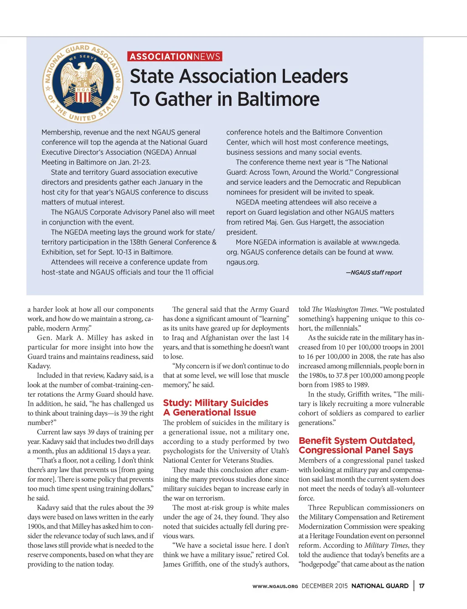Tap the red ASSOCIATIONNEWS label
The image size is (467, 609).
pyautogui.click(x=175, y=57)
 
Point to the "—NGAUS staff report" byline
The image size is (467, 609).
pyautogui.click(x=374, y=273)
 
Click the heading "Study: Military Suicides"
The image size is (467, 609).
pyautogui.click(x=216, y=403)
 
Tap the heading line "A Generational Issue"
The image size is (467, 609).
pyautogui.click(x=209, y=412)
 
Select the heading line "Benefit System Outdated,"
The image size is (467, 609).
pyautogui.click(x=357, y=441)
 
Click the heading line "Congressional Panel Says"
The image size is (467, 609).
pyautogui.click(x=356, y=450)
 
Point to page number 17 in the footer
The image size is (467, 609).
pyautogui.click(x=422, y=586)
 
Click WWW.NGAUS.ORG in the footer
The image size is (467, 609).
pyautogui.click(x=275, y=586)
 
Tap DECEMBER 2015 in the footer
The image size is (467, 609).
pyautogui.click(x=324, y=586)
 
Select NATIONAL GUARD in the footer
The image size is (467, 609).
pyautogui.click(x=380, y=586)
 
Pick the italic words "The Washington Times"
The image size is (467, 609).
pyautogui.click(x=344, y=310)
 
